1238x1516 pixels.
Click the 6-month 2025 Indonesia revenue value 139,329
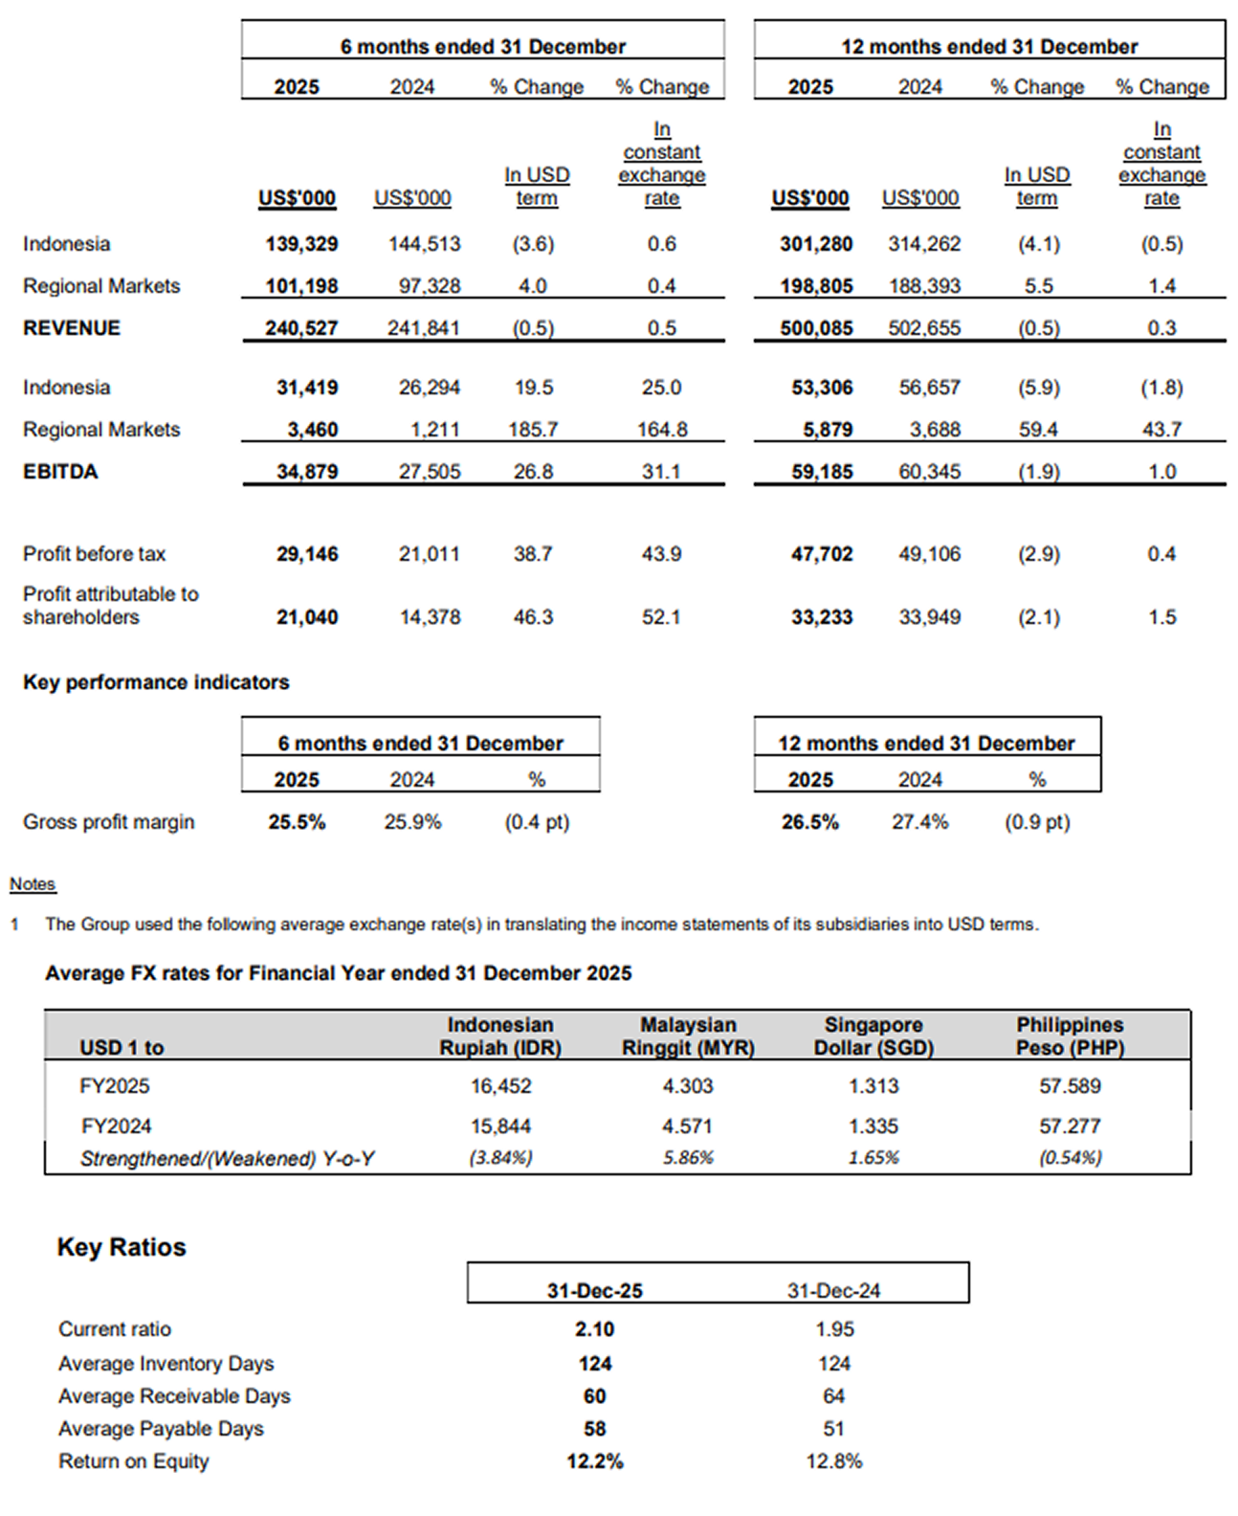point(301,244)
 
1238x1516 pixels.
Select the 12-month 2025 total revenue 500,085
point(815,328)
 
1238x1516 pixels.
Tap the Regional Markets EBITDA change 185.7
point(533,430)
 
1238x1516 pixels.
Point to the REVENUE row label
point(72,328)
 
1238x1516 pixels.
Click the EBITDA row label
point(60,472)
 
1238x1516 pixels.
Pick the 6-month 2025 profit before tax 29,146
point(307,554)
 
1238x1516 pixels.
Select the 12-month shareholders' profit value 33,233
point(821,617)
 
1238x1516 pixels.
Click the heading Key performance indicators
point(156,682)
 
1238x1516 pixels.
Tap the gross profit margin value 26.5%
point(809,822)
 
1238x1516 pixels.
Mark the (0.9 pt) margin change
point(1037,822)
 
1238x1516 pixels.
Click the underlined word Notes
point(33,884)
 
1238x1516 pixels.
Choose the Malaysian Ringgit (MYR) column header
point(688,1037)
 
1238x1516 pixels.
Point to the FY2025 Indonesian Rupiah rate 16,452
point(500,1086)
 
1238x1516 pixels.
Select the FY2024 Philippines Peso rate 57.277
point(1070,1126)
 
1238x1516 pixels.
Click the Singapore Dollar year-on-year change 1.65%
point(873,1158)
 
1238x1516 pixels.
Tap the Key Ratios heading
point(122,1247)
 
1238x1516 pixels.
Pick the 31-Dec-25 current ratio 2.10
point(594,1329)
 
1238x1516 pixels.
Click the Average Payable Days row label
point(161,1429)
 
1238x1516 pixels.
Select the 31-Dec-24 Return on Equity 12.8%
point(833,1461)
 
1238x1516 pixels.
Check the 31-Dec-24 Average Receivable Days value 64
point(833,1396)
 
